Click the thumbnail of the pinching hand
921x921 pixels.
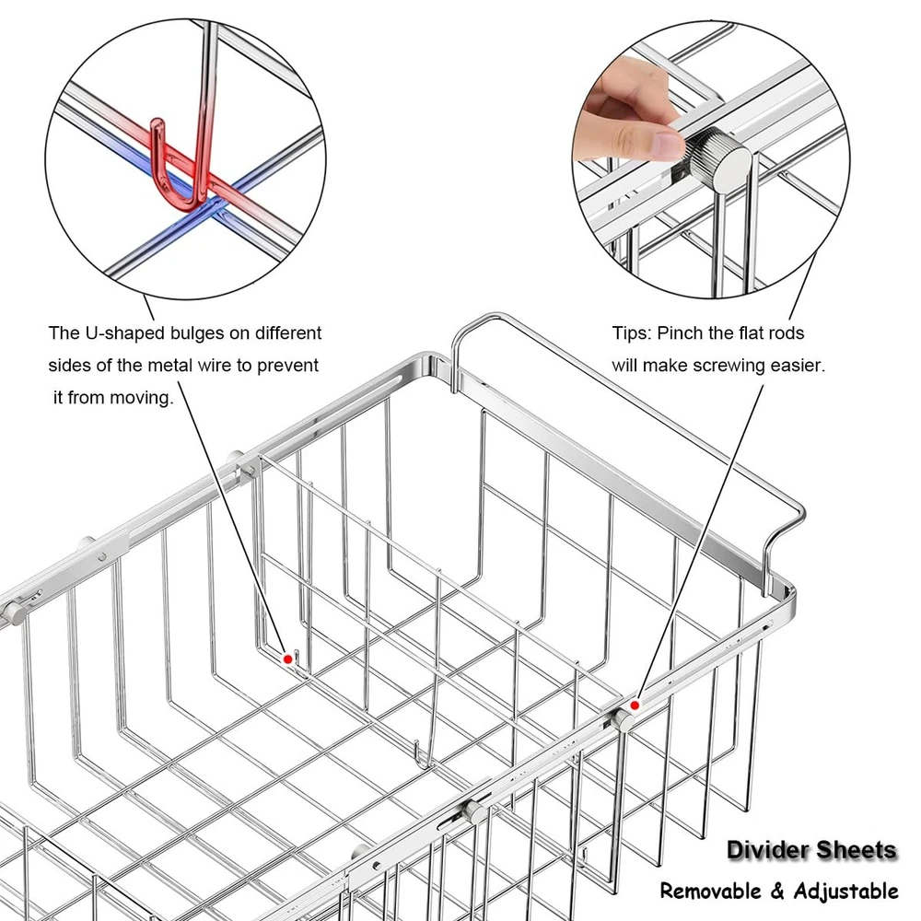point(668,144)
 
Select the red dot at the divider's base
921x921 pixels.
point(287,659)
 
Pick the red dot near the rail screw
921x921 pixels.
point(635,705)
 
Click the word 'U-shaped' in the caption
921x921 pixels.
point(124,333)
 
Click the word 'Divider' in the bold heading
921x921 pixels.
point(767,850)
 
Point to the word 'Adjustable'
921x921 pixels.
point(845,892)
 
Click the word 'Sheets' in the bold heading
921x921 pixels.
point(857,850)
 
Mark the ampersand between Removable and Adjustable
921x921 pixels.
point(777,892)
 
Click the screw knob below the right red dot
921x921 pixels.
point(624,720)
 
